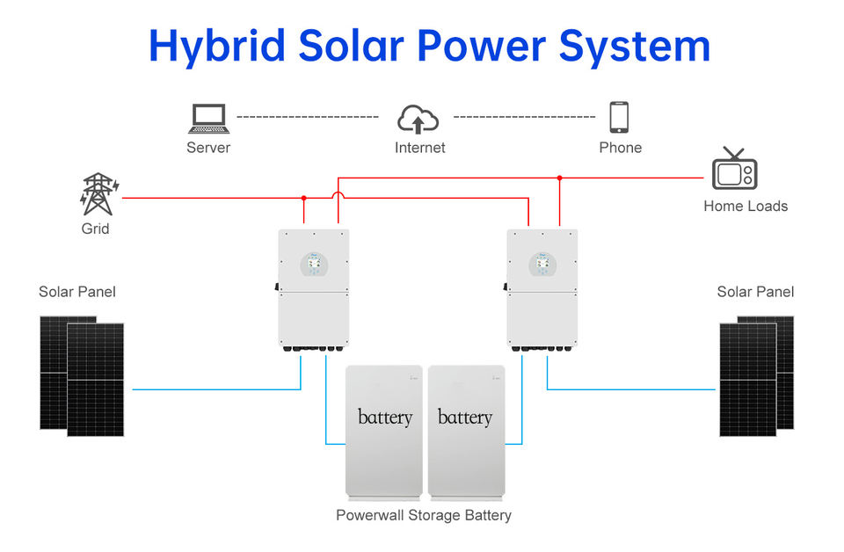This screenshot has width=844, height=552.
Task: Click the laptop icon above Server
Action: [x=209, y=119]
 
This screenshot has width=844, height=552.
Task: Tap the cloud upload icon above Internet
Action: [x=418, y=119]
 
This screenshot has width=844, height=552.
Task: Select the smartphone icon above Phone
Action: [x=619, y=117]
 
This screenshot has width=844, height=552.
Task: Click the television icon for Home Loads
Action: [x=734, y=169]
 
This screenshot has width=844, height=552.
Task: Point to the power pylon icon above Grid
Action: [x=98, y=194]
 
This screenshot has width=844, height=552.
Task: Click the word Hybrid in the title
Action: [x=217, y=47]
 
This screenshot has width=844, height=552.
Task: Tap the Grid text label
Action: [x=95, y=229]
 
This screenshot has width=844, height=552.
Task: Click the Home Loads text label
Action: [x=746, y=206]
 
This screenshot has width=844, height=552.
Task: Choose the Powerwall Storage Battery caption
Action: [x=424, y=515]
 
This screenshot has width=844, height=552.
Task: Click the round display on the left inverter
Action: [x=314, y=265]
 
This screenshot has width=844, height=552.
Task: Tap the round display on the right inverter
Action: [x=542, y=265]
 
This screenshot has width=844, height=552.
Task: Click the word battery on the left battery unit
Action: [x=385, y=418]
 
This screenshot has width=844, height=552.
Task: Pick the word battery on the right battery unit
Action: [x=465, y=418]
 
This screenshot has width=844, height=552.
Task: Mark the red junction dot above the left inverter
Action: [x=304, y=198]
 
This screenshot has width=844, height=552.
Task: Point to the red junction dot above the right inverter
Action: [x=560, y=178]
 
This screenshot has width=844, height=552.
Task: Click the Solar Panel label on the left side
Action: [x=77, y=292]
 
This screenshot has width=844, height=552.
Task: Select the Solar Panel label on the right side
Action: [x=755, y=292]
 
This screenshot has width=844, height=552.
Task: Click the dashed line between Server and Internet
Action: [x=308, y=117]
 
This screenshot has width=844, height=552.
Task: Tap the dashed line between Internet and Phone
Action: [x=525, y=117]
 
